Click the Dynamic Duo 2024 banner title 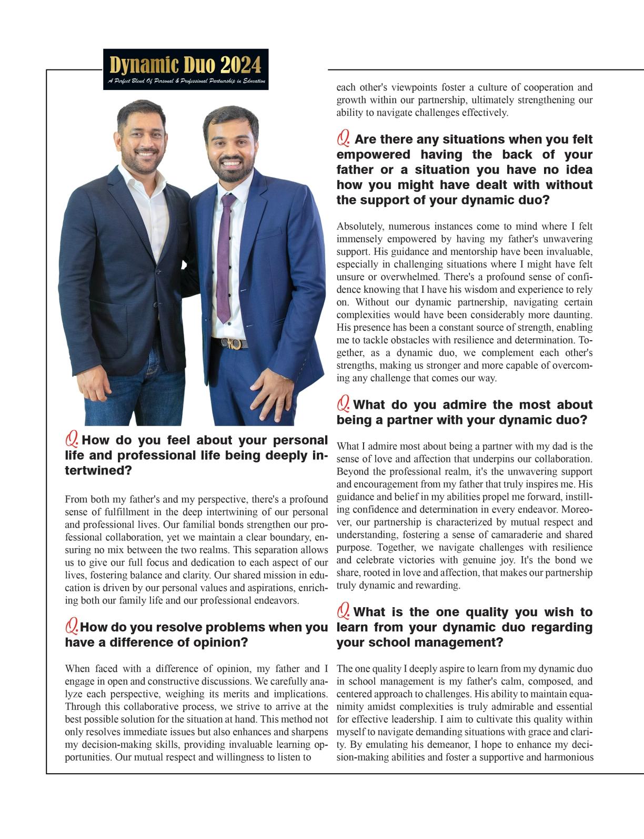click(x=185, y=65)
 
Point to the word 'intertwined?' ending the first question click(x=98, y=470)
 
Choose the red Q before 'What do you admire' click(x=344, y=403)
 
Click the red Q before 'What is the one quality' click(x=344, y=611)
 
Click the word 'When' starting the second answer click(x=77, y=669)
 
